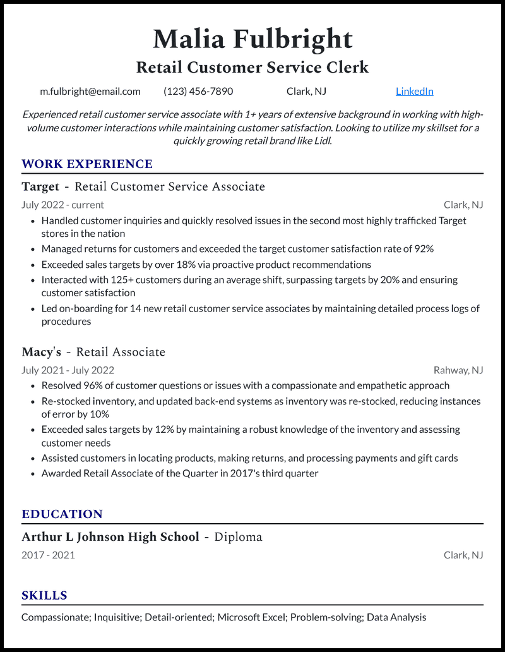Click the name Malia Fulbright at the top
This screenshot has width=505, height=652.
pos(252,39)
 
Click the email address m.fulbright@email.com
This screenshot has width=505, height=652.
pos(90,91)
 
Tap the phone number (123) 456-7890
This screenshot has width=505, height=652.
pos(198,91)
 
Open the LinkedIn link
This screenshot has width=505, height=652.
pos(414,91)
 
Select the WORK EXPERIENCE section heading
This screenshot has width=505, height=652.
pos(87,164)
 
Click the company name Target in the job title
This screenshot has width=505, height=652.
pos(40,187)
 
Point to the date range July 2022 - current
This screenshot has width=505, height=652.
pos(62,205)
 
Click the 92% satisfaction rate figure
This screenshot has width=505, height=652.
pos(424,249)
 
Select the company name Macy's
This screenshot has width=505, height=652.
pos(41,352)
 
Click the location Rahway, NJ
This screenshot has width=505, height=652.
pos(458,370)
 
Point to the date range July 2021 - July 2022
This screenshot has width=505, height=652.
pos(68,370)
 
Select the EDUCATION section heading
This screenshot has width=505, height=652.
pos(62,514)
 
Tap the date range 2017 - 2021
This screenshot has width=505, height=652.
pos(48,555)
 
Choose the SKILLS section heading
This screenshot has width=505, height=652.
pos(44,595)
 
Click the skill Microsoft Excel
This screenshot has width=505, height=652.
pos(251,617)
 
